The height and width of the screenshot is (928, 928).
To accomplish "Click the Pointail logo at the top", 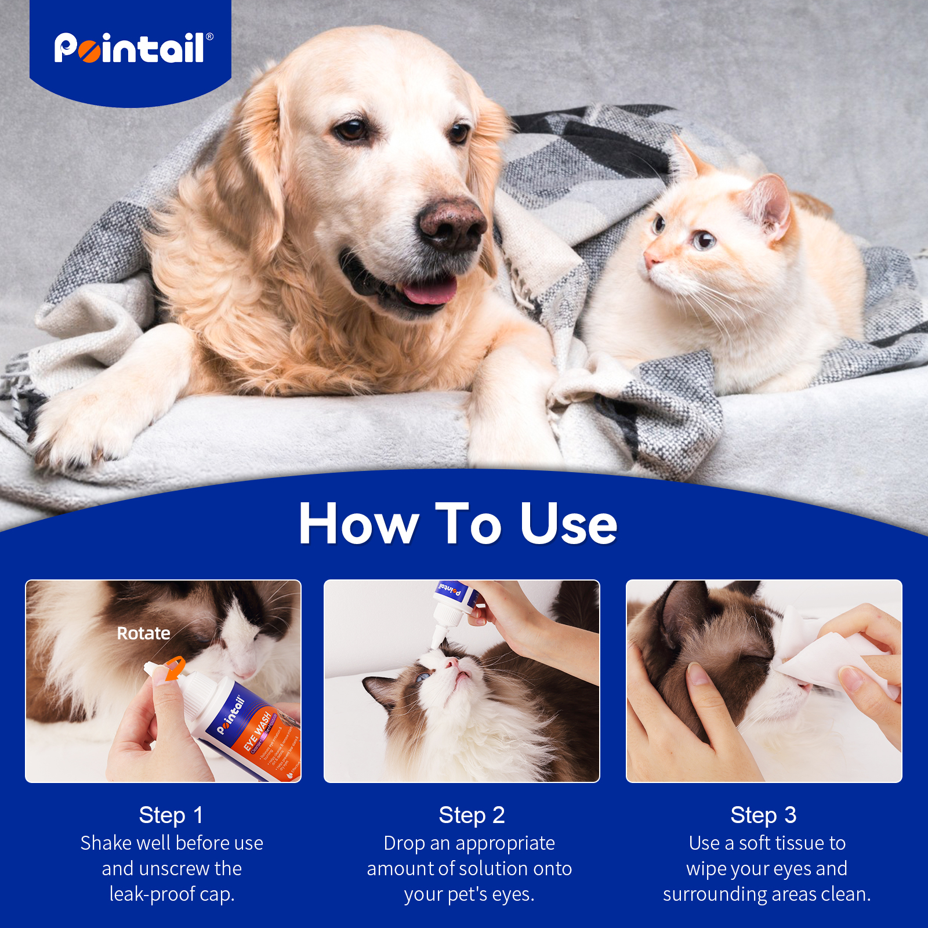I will [x=133, y=48].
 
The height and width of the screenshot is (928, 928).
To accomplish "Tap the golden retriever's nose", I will [x=451, y=223].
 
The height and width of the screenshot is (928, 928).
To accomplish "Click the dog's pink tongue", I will [x=429, y=292].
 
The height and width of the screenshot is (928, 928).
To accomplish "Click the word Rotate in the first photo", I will [x=143, y=633].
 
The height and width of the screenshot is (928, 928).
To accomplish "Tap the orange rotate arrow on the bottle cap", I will [x=173, y=668].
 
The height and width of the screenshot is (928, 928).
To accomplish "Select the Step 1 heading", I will [x=171, y=815].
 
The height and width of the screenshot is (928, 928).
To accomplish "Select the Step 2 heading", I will [x=472, y=815].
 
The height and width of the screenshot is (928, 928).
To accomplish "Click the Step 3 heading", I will [x=763, y=815].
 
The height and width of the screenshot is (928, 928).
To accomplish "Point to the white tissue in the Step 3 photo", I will [x=824, y=661].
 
